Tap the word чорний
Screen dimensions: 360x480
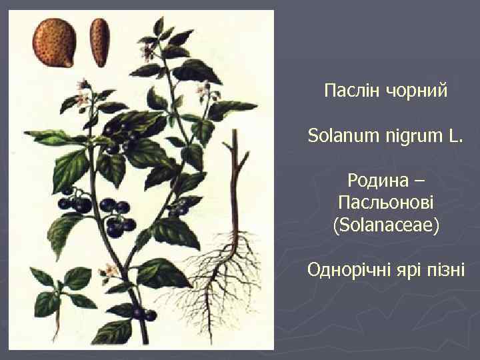tap(414, 89)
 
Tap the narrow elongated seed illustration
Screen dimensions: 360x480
tap(101, 41)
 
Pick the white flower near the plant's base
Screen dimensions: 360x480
tap(107, 271)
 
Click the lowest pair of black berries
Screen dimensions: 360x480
tap(143, 313)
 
